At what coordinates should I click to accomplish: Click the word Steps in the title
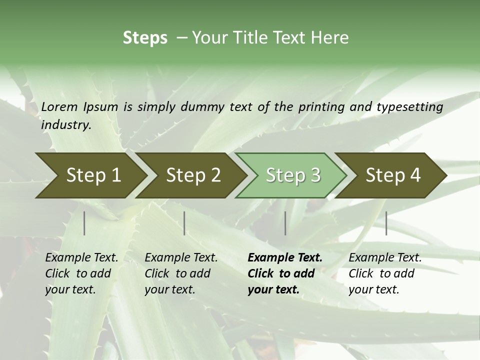(145, 38)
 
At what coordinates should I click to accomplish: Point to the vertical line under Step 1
(84, 223)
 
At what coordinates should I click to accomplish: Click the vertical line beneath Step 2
(184, 223)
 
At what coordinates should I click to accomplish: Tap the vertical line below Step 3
(285, 223)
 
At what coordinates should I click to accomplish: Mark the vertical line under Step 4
(386, 223)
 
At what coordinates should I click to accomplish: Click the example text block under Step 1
(81, 273)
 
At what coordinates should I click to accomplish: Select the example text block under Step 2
(181, 273)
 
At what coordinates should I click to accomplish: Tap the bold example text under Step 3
(285, 273)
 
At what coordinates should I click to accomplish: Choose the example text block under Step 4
(385, 273)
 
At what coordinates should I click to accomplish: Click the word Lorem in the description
(59, 106)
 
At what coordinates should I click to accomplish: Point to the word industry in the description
(65, 125)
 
